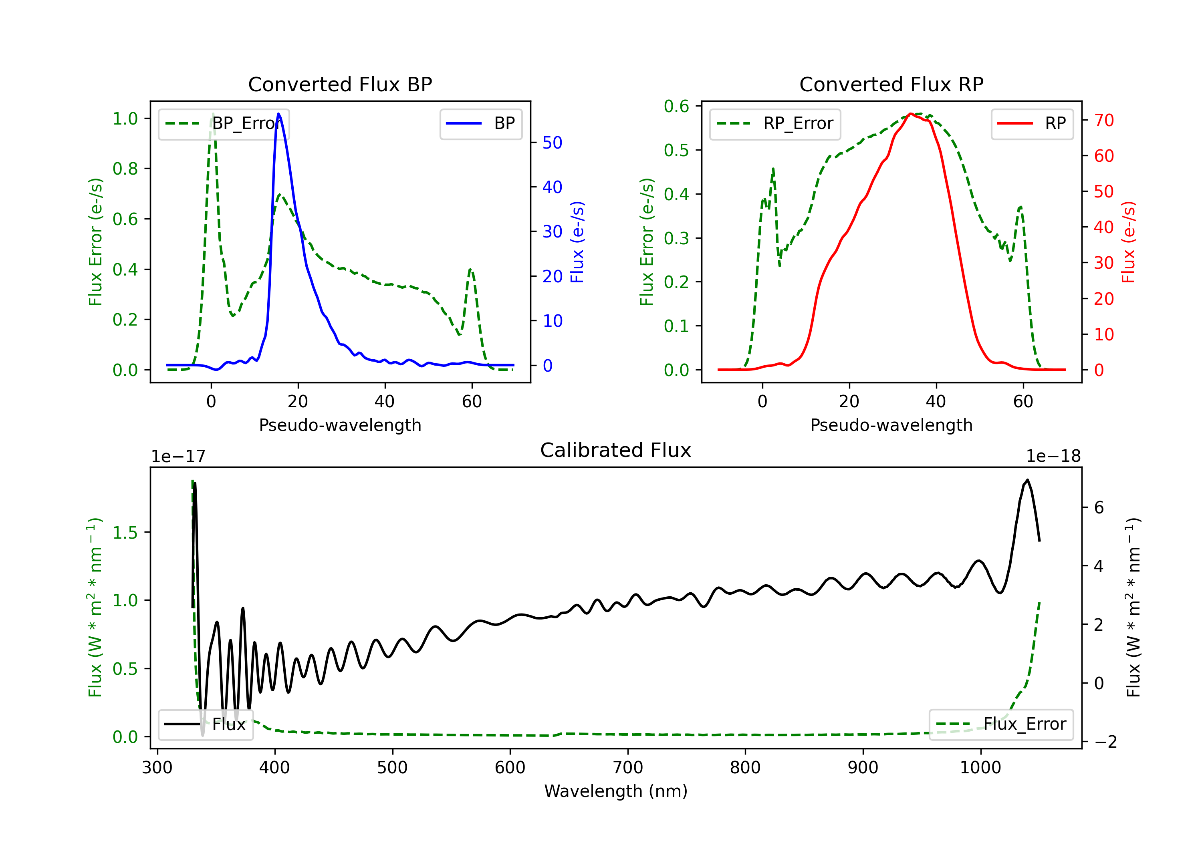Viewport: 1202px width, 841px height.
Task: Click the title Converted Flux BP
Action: click(x=340, y=84)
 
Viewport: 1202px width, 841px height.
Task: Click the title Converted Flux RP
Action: click(x=891, y=84)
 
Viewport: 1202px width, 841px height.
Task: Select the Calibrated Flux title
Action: click(x=616, y=450)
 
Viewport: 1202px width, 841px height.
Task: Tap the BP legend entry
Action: click(x=480, y=123)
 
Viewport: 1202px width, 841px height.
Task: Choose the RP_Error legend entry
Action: click(x=775, y=123)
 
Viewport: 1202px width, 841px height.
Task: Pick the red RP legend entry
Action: click(x=1032, y=123)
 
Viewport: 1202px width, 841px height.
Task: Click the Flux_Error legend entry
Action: click(x=1001, y=724)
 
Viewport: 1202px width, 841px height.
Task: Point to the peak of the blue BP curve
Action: click(x=278, y=114)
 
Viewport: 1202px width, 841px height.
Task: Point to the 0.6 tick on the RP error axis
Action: click(x=676, y=106)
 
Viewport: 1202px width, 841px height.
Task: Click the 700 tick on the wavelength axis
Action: click(x=628, y=768)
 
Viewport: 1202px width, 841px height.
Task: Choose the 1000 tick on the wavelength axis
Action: click(x=980, y=768)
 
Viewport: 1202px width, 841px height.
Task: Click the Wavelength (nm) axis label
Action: click(x=616, y=791)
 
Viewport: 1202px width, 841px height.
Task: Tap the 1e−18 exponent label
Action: click(x=1053, y=457)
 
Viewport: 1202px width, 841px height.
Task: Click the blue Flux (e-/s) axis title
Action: click(x=577, y=242)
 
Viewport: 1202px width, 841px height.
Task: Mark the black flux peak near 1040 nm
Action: click(x=1028, y=480)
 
